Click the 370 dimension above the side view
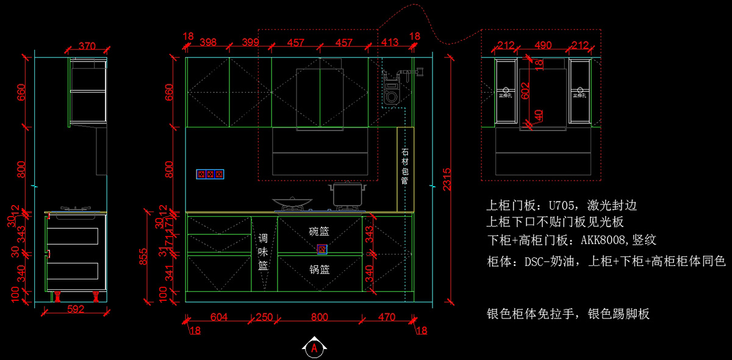(x=88, y=46)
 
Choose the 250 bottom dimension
(x=264, y=317)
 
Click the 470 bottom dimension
(x=387, y=317)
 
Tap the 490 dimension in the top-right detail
(x=543, y=45)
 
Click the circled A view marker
(x=314, y=348)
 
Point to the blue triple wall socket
(x=210, y=175)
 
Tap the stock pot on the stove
(x=348, y=195)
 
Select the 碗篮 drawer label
(x=319, y=231)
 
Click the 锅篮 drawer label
(x=319, y=269)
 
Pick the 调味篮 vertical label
(x=263, y=251)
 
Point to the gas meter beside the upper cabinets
(x=391, y=88)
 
